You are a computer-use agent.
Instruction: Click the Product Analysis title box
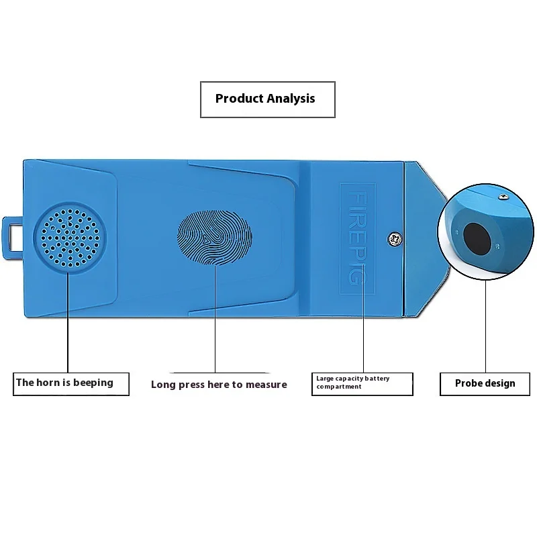pyautogui.click(x=267, y=99)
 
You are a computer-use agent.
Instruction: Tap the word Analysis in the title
pyautogui.click(x=290, y=99)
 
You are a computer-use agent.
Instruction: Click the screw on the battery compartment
pyautogui.click(x=393, y=238)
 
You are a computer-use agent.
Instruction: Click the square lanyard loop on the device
pyautogui.click(x=13, y=238)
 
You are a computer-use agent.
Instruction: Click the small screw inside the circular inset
pyautogui.click(x=502, y=197)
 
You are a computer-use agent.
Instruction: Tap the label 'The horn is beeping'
pyautogui.click(x=64, y=383)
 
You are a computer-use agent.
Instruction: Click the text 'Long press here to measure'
pyautogui.click(x=219, y=385)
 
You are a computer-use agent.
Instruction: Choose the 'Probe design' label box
pyautogui.click(x=485, y=383)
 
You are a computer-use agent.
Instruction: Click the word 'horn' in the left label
pyautogui.click(x=47, y=383)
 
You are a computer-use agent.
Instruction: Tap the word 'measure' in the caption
pyautogui.click(x=266, y=385)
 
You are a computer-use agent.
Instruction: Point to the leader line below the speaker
pyautogui.click(x=68, y=322)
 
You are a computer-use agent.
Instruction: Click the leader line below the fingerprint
pyautogui.click(x=215, y=322)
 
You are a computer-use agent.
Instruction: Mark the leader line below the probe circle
pyautogui.click(x=485, y=322)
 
